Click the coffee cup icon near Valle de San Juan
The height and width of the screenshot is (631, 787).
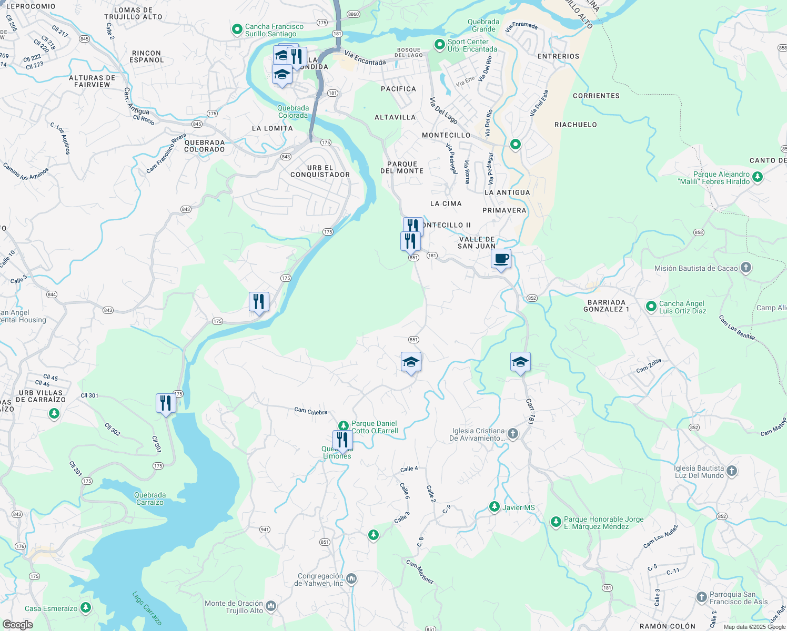[x=501, y=259]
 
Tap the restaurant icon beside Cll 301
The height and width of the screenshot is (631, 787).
[x=166, y=403]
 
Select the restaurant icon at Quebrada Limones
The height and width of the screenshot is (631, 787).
[x=342, y=440]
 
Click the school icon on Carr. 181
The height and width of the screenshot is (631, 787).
[x=520, y=362]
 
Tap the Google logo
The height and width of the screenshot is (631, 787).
[x=18, y=625]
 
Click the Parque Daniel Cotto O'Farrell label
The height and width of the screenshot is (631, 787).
[x=374, y=427]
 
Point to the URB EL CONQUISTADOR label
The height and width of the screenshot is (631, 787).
[x=320, y=171]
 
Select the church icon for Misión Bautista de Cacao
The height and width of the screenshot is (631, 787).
[x=745, y=268]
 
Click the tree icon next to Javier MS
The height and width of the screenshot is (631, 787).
[x=494, y=507]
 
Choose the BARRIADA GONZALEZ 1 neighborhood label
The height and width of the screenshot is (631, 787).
[x=606, y=306]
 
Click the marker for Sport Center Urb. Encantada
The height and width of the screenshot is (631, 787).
[x=439, y=45]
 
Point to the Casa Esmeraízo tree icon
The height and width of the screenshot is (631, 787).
[x=86, y=608]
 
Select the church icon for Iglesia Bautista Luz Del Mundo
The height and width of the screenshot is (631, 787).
[x=732, y=472]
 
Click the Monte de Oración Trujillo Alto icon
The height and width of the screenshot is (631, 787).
[x=270, y=607]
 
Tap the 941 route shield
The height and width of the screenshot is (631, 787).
[x=264, y=530]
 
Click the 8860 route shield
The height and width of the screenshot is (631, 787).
[x=354, y=14]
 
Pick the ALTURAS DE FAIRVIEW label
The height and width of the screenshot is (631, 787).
[x=92, y=81]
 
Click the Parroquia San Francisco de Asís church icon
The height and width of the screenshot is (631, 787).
[x=701, y=597]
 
